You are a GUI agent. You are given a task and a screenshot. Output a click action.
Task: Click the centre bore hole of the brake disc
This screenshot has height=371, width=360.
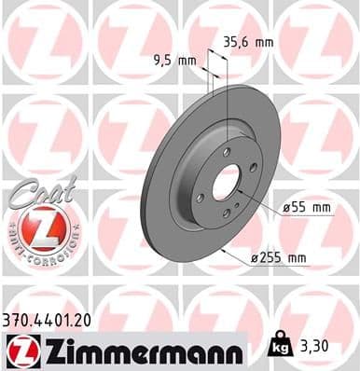(x=226, y=184)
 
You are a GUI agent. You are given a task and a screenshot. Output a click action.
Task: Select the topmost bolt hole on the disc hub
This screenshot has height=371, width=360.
(x=227, y=151)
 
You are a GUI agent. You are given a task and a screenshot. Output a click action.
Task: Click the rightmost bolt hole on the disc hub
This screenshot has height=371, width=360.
(x=254, y=169)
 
